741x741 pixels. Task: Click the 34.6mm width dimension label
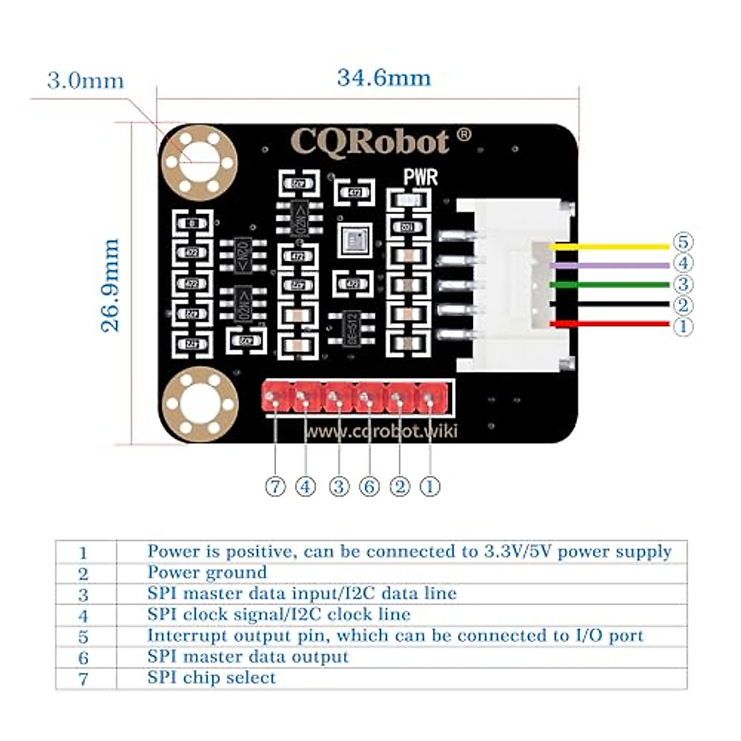click(383, 78)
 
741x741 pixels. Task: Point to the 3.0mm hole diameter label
click(85, 81)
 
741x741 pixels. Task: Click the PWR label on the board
click(421, 178)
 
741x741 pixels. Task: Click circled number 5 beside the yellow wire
click(682, 242)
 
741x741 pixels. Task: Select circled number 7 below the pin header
click(275, 487)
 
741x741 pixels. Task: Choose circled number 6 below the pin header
click(369, 487)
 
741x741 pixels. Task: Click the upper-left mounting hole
click(199, 162)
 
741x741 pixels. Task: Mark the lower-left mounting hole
click(199, 404)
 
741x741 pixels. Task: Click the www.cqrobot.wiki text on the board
click(382, 431)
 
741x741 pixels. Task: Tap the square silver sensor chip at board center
click(354, 240)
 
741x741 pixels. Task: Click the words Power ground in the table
click(207, 572)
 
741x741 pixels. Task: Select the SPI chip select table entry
click(211, 677)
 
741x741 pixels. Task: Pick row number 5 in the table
click(83, 637)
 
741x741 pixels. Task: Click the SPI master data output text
click(248, 656)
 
